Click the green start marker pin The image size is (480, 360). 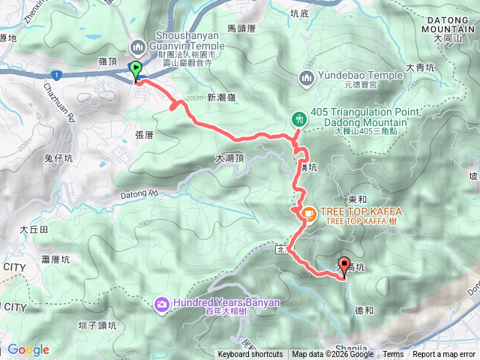[x=136, y=71]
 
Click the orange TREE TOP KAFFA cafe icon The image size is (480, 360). [x=308, y=214]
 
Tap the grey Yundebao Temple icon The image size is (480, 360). [x=306, y=77]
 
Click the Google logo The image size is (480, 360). [x=28, y=349]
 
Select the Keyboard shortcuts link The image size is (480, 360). [x=250, y=355]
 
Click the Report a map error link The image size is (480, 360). [x=444, y=355]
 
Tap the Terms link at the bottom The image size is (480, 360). [x=393, y=355]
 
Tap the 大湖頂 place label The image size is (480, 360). [x=229, y=159]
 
